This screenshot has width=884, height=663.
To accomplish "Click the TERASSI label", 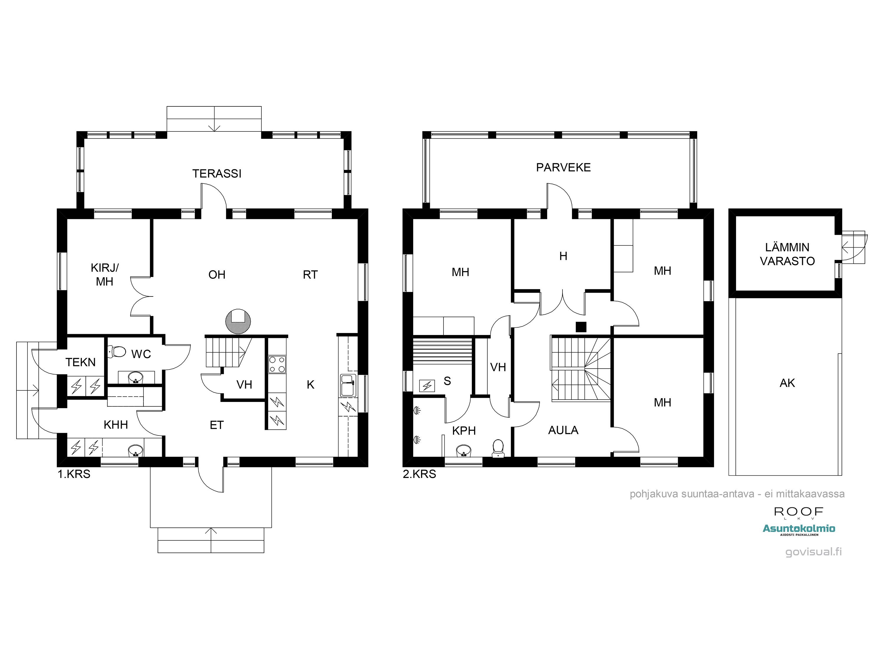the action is point(217,174).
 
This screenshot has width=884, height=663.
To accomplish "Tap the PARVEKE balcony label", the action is point(563,167).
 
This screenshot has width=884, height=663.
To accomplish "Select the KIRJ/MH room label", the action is point(105,275).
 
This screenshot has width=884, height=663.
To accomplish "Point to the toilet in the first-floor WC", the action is point(116,351).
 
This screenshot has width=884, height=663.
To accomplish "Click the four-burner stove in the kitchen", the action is point(277,365).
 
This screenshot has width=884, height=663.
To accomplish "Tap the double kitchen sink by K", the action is point(348,386).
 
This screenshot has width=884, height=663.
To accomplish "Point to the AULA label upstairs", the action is point(563,431).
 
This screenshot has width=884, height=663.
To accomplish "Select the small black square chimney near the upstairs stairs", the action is point(581,327).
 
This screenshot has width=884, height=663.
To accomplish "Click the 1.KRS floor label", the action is point(74,474).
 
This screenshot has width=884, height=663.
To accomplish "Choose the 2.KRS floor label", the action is point(419,474).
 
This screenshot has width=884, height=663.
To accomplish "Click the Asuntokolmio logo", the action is point(799,530).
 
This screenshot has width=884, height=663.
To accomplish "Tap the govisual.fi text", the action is point(813,552).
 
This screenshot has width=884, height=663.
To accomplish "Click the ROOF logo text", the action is point(799,512).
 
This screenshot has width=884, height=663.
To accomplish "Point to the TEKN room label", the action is point(80,362).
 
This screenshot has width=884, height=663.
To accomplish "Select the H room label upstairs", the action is point(563,256).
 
